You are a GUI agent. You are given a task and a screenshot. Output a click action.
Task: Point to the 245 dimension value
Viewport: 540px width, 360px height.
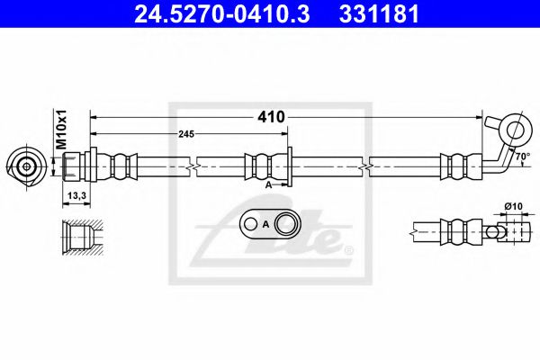186,134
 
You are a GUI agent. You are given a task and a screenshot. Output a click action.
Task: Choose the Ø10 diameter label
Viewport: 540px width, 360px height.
513,206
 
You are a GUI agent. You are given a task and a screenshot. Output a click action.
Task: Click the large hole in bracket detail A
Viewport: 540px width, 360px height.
288,224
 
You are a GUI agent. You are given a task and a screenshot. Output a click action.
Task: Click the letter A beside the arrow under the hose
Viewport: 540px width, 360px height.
268,184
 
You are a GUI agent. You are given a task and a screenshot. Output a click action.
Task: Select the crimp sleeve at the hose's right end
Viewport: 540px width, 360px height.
455,166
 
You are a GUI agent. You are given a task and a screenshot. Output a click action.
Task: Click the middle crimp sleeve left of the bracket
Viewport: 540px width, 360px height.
257,166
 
